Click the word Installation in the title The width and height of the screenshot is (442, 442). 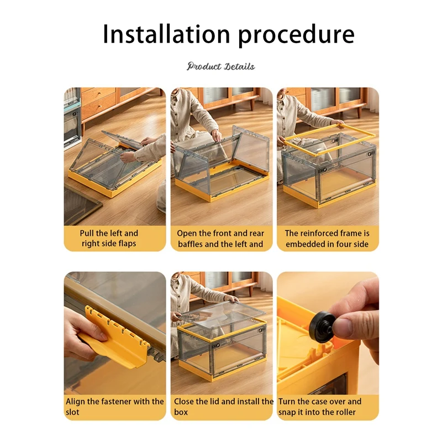tap(167, 34)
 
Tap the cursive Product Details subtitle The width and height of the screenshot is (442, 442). tap(220, 66)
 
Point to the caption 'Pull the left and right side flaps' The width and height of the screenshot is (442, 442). tap(109, 238)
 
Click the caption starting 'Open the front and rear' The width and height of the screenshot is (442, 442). tap(220, 239)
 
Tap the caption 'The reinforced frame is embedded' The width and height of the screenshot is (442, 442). tap(327, 239)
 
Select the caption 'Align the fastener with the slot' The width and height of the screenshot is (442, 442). tap(115, 407)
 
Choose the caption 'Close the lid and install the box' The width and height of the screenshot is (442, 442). tap(224, 407)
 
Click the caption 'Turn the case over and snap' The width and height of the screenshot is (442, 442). tap(320, 407)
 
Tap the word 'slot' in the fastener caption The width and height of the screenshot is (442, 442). tap(72, 412)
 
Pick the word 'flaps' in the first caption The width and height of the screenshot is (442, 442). tap(127, 244)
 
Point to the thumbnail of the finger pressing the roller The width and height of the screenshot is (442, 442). tap(328, 333)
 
